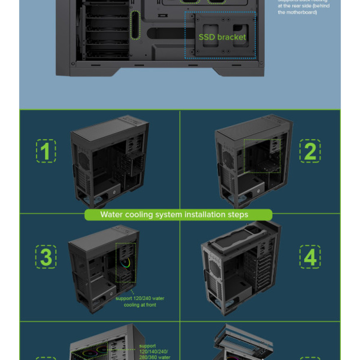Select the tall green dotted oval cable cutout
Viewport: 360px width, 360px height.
135,24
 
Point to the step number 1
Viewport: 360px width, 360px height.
46,151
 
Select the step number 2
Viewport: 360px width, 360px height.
310,151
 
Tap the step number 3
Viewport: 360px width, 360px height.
46,257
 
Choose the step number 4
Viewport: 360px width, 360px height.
310,257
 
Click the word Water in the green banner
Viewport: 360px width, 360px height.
112,215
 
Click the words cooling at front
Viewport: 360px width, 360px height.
140,305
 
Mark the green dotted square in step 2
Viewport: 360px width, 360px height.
262,156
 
